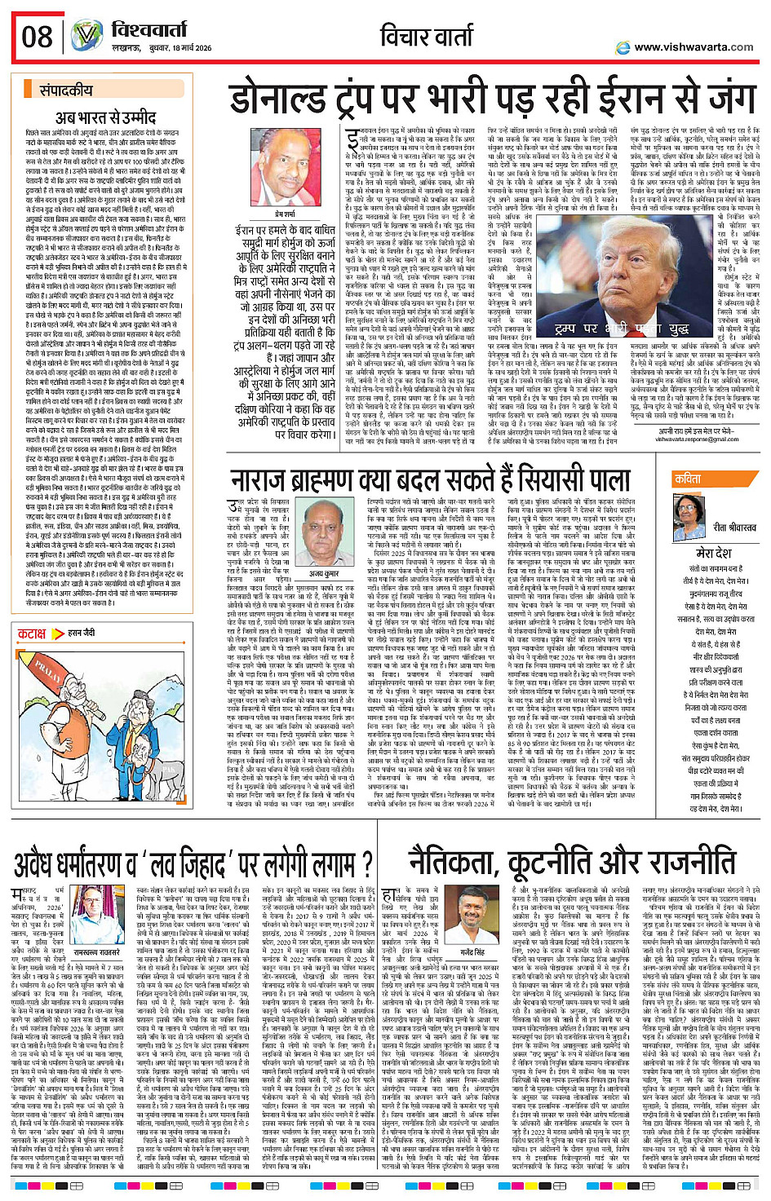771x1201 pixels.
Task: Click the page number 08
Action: [38, 38]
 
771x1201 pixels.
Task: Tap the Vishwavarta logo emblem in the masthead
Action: [86, 37]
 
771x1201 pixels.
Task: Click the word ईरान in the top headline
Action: [614, 99]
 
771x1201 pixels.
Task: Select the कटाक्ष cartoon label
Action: [32, 634]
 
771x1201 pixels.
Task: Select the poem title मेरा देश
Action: [711, 552]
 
